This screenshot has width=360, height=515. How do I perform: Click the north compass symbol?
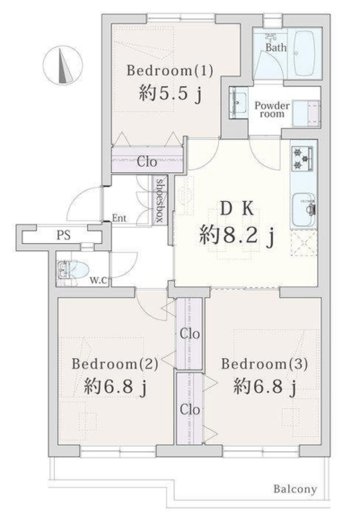click(x=63, y=64)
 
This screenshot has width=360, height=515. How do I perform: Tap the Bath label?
click(x=275, y=47)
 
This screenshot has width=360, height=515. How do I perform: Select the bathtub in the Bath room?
click(x=305, y=53)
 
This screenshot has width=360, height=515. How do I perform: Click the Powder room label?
click(x=272, y=109)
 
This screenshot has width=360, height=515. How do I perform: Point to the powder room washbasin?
click(x=238, y=102)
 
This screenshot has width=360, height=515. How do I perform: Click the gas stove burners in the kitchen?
click(x=302, y=158)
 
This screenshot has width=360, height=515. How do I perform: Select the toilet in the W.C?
click(x=73, y=270)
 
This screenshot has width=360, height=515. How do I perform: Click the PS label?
click(x=64, y=235)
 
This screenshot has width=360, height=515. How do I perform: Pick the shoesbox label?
click(x=159, y=200)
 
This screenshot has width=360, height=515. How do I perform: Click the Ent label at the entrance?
click(x=119, y=218)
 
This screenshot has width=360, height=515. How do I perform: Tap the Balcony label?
click(x=296, y=489)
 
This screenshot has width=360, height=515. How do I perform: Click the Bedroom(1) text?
click(x=170, y=71)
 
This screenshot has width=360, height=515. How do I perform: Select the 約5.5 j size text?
click(x=170, y=93)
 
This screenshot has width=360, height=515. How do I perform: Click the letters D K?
click(x=237, y=208)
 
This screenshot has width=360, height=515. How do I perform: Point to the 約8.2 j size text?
click(x=237, y=236)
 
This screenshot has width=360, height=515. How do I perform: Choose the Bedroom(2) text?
click(x=115, y=364)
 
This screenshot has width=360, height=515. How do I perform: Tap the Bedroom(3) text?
click(x=264, y=364)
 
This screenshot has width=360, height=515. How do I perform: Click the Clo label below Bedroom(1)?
click(x=147, y=162)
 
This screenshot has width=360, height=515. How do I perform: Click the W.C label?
click(x=98, y=280)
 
